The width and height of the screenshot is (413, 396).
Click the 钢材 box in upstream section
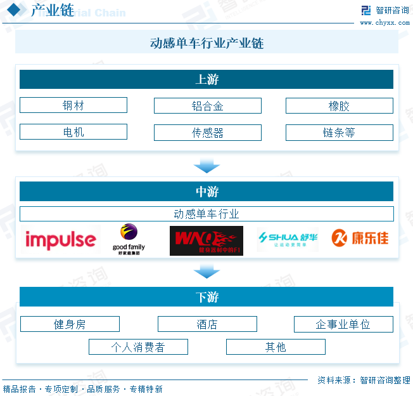[x=73, y=105]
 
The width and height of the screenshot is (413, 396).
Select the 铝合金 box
[x=207, y=106]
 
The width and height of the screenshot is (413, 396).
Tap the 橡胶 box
[x=339, y=106]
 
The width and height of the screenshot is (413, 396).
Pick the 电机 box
[x=73, y=132]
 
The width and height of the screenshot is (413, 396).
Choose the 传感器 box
[x=207, y=133]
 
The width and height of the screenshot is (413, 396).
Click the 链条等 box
[x=339, y=133]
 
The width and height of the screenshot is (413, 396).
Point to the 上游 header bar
[x=206, y=79]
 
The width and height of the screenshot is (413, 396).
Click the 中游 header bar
[x=206, y=191]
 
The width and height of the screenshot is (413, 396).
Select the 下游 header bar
[x=206, y=296]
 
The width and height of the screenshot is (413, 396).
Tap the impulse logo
[x=60, y=240]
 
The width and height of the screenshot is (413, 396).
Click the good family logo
[x=129, y=240]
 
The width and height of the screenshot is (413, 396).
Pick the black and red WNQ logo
[x=206, y=241]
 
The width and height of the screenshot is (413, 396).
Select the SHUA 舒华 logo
[x=287, y=239]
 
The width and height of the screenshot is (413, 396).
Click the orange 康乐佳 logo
[x=360, y=239]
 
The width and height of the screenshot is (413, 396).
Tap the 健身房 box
[x=70, y=324]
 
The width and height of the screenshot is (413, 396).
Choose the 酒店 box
[x=207, y=324]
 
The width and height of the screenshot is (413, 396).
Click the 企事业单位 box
[x=343, y=324]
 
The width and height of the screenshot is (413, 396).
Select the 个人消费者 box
[x=138, y=347]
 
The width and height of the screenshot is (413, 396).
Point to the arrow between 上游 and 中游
[x=206, y=166]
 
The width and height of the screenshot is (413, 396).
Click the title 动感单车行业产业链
[x=206, y=43]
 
